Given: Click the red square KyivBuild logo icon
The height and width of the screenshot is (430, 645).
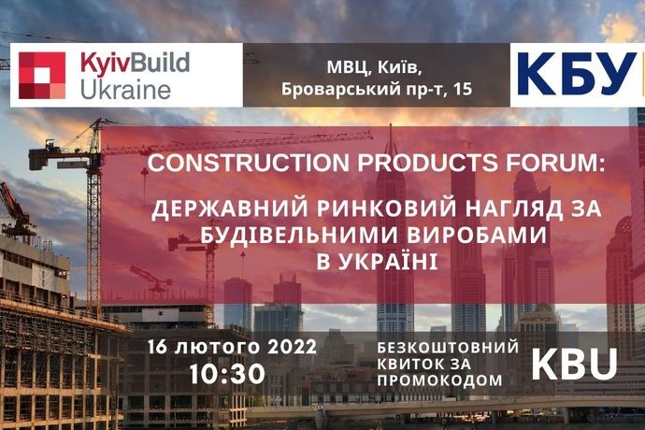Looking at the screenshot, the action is (x=42, y=76).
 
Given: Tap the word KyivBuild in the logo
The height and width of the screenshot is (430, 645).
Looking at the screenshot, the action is (x=135, y=64).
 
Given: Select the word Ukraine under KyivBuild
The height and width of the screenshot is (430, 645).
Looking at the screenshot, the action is (x=125, y=91).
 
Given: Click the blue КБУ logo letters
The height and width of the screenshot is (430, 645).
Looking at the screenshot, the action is (x=577, y=74).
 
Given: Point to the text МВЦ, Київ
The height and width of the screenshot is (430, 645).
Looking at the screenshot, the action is (x=374, y=68).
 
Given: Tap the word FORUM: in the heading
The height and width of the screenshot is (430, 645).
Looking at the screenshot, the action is (x=556, y=163).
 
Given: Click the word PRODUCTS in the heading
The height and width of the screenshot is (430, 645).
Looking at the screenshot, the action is (x=427, y=163).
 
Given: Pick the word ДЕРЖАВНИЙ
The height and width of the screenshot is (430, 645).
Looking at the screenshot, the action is (x=230, y=208).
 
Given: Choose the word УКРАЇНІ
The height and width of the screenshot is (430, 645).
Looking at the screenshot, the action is (x=388, y=262).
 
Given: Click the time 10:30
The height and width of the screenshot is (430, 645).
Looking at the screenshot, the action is (x=227, y=374).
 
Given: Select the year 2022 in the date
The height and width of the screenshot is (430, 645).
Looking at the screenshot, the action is (x=293, y=348).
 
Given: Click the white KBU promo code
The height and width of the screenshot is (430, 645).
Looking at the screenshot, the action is (x=575, y=365).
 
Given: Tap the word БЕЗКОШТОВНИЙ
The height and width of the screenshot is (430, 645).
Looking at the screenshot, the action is (x=449, y=348).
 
